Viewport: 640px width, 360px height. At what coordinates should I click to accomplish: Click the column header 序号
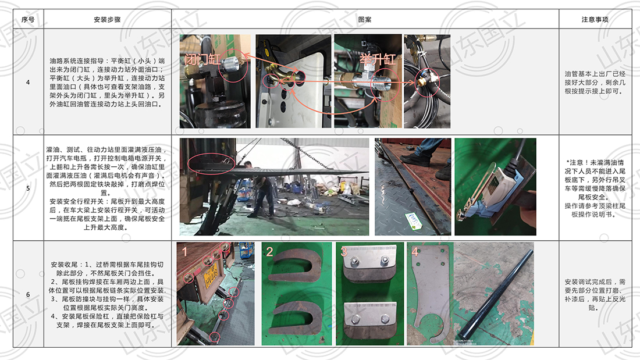(28, 19)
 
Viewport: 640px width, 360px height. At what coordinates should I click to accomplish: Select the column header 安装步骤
(107, 19)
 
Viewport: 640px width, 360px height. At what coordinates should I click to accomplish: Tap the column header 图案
(364, 19)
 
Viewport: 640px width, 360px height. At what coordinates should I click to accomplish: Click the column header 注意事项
(595, 19)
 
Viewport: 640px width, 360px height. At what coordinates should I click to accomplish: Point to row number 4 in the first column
(28, 82)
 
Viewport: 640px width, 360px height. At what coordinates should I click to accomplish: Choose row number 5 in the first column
(28, 188)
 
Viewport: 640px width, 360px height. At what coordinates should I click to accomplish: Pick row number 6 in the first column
(28, 294)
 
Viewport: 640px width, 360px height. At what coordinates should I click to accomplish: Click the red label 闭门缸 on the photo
(202, 59)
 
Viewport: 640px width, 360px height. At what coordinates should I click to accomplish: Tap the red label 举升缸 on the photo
(378, 59)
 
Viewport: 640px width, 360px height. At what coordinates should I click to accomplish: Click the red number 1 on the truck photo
(185, 251)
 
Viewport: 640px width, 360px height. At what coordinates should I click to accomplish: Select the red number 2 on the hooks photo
(269, 251)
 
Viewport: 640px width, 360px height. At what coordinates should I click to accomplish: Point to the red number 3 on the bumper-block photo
(344, 251)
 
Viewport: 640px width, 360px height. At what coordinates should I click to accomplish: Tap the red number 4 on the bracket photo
(415, 251)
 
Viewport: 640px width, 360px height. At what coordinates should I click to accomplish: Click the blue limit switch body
(499, 192)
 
